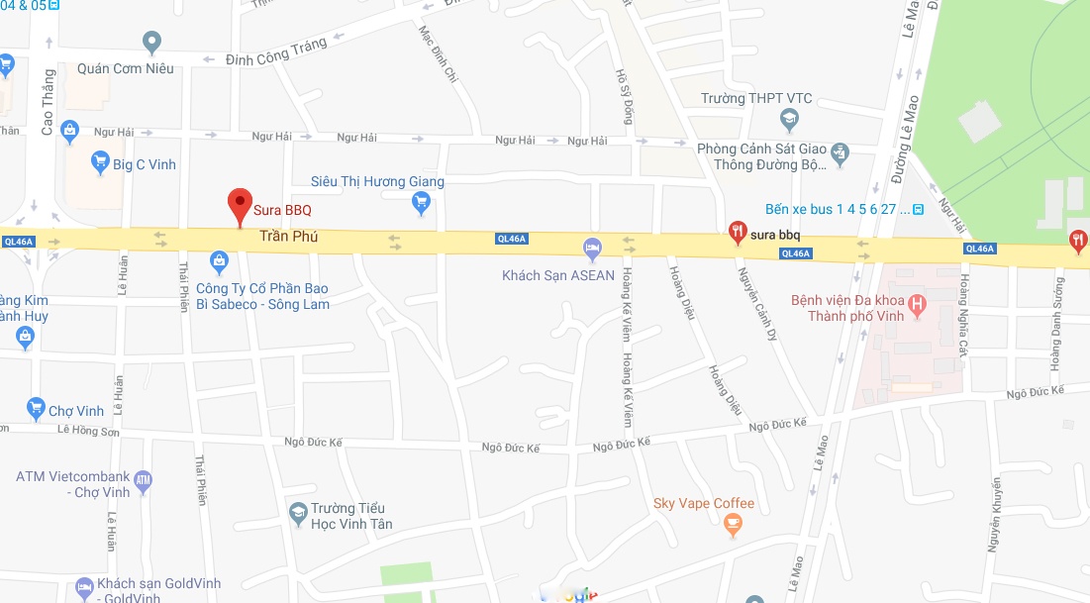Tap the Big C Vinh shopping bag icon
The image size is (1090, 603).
(x=99, y=162)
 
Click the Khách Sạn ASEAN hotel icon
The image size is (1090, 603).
(x=592, y=248)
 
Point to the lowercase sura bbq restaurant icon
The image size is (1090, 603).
(x=737, y=234)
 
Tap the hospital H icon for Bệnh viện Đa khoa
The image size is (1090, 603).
(x=918, y=306)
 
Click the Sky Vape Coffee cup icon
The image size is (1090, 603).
(x=733, y=526)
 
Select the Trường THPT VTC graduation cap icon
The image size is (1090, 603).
(x=789, y=121)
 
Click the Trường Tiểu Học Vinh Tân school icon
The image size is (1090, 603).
(x=297, y=514)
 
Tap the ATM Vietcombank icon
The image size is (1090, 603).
(x=143, y=482)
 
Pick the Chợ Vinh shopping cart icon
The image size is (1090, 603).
(x=36, y=409)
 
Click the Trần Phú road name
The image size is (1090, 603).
(x=288, y=237)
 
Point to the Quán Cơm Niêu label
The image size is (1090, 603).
(x=125, y=68)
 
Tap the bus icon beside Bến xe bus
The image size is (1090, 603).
(x=918, y=209)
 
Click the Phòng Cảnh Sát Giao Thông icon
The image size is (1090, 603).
(x=840, y=152)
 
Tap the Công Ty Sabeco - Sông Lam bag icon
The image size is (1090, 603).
(x=220, y=262)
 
